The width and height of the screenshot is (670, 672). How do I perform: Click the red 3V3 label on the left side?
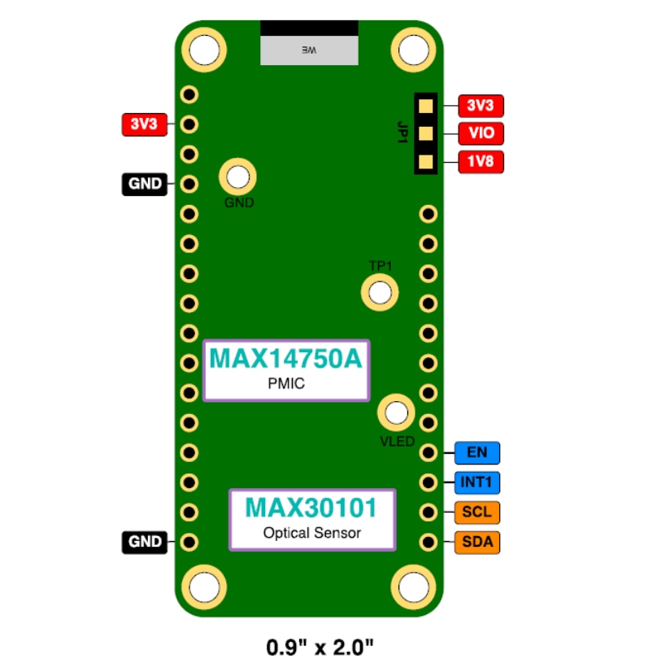click(x=144, y=124)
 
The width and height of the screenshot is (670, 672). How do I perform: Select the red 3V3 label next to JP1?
click(x=481, y=106)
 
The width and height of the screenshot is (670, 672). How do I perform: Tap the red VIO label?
click(x=481, y=133)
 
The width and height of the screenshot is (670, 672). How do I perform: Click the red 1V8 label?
click(x=481, y=162)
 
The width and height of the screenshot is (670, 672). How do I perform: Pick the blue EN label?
click(x=477, y=452)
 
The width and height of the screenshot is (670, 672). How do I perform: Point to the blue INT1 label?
click(x=477, y=482)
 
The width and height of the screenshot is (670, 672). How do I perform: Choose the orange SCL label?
click(x=477, y=513)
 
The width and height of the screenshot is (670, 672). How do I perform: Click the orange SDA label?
click(x=477, y=542)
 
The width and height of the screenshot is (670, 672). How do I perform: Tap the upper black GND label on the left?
click(x=144, y=184)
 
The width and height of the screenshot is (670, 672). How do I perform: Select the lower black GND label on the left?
click(x=144, y=542)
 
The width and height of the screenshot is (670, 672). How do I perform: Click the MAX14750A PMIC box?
click(x=285, y=369)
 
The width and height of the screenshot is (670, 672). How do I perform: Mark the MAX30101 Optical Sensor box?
click(x=312, y=519)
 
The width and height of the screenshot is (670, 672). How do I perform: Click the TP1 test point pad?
click(x=379, y=291)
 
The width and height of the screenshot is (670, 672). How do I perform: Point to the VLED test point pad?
click(x=396, y=412)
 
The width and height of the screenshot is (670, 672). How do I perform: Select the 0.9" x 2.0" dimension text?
click(x=320, y=648)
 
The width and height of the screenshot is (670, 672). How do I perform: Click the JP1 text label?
click(x=402, y=133)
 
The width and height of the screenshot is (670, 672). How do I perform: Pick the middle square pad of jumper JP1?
click(x=424, y=133)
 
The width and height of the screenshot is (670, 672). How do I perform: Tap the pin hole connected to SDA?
click(x=428, y=542)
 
